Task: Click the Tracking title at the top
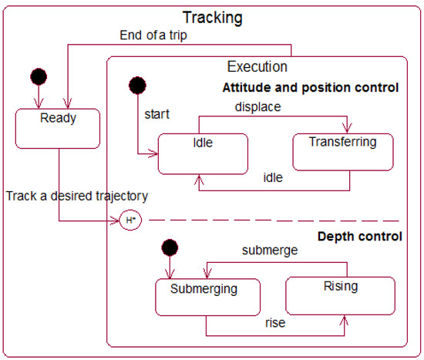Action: click(x=211, y=17)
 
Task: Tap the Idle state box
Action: click(x=202, y=153)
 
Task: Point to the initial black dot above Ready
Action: click(x=38, y=77)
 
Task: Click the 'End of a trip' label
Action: click(x=153, y=35)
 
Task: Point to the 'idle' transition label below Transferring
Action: click(x=273, y=178)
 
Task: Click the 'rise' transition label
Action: click(x=274, y=323)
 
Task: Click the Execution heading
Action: click(x=257, y=67)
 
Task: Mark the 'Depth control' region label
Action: click(x=359, y=236)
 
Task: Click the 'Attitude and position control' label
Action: click(x=310, y=87)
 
